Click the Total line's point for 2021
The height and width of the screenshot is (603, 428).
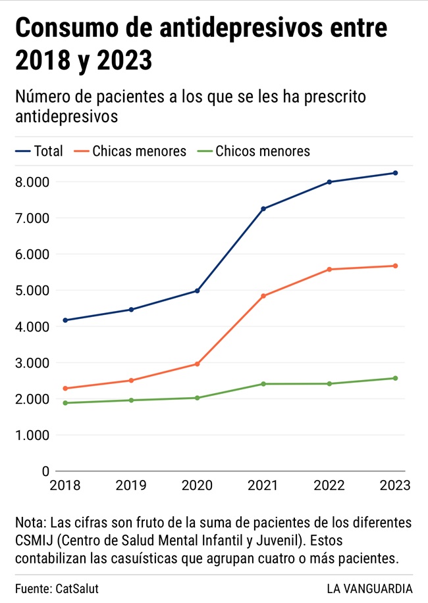(263, 209)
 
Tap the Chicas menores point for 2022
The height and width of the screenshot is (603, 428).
(329, 270)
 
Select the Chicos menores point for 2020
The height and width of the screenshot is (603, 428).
(197, 398)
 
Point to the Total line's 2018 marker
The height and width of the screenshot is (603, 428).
(65, 320)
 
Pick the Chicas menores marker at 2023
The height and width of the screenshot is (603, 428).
(395, 266)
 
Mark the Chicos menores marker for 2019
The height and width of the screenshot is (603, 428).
(131, 400)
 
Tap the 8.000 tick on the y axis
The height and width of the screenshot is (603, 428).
(32, 182)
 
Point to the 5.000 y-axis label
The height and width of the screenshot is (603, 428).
(32, 291)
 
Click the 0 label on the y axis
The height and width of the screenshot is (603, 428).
(45, 471)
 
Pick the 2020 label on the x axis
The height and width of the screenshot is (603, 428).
(197, 486)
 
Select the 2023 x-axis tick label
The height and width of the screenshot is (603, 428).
(395, 486)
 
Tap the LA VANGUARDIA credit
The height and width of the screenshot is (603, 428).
(369, 589)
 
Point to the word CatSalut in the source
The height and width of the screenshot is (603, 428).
(82, 589)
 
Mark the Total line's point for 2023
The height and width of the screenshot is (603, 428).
(395, 173)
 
